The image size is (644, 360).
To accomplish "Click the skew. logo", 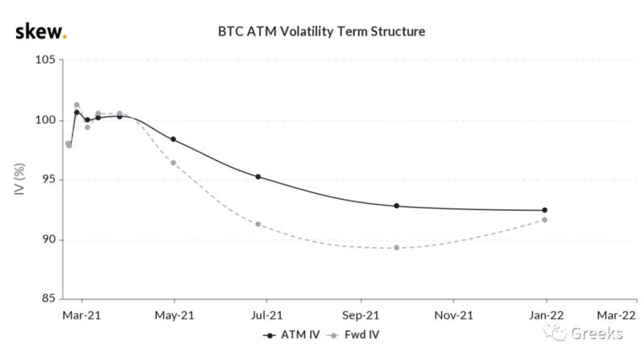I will point(41,31).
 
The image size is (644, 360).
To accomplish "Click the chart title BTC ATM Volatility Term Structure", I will point(321,31).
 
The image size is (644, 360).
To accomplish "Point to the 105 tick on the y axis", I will point(43,60).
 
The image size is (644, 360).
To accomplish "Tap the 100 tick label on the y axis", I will point(43,120).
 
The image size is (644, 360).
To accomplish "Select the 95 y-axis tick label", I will point(46,180).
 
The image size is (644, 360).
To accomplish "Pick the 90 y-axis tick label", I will point(46,239).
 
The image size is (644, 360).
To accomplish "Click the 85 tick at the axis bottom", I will point(46,299).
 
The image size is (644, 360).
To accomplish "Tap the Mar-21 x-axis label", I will point(80,315).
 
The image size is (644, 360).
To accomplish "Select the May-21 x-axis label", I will point(174,315).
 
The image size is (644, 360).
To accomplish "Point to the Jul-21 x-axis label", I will point(266,315).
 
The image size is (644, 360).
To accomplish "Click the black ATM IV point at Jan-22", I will point(545,210).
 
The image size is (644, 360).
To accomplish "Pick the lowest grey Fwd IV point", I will point(397,247).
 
